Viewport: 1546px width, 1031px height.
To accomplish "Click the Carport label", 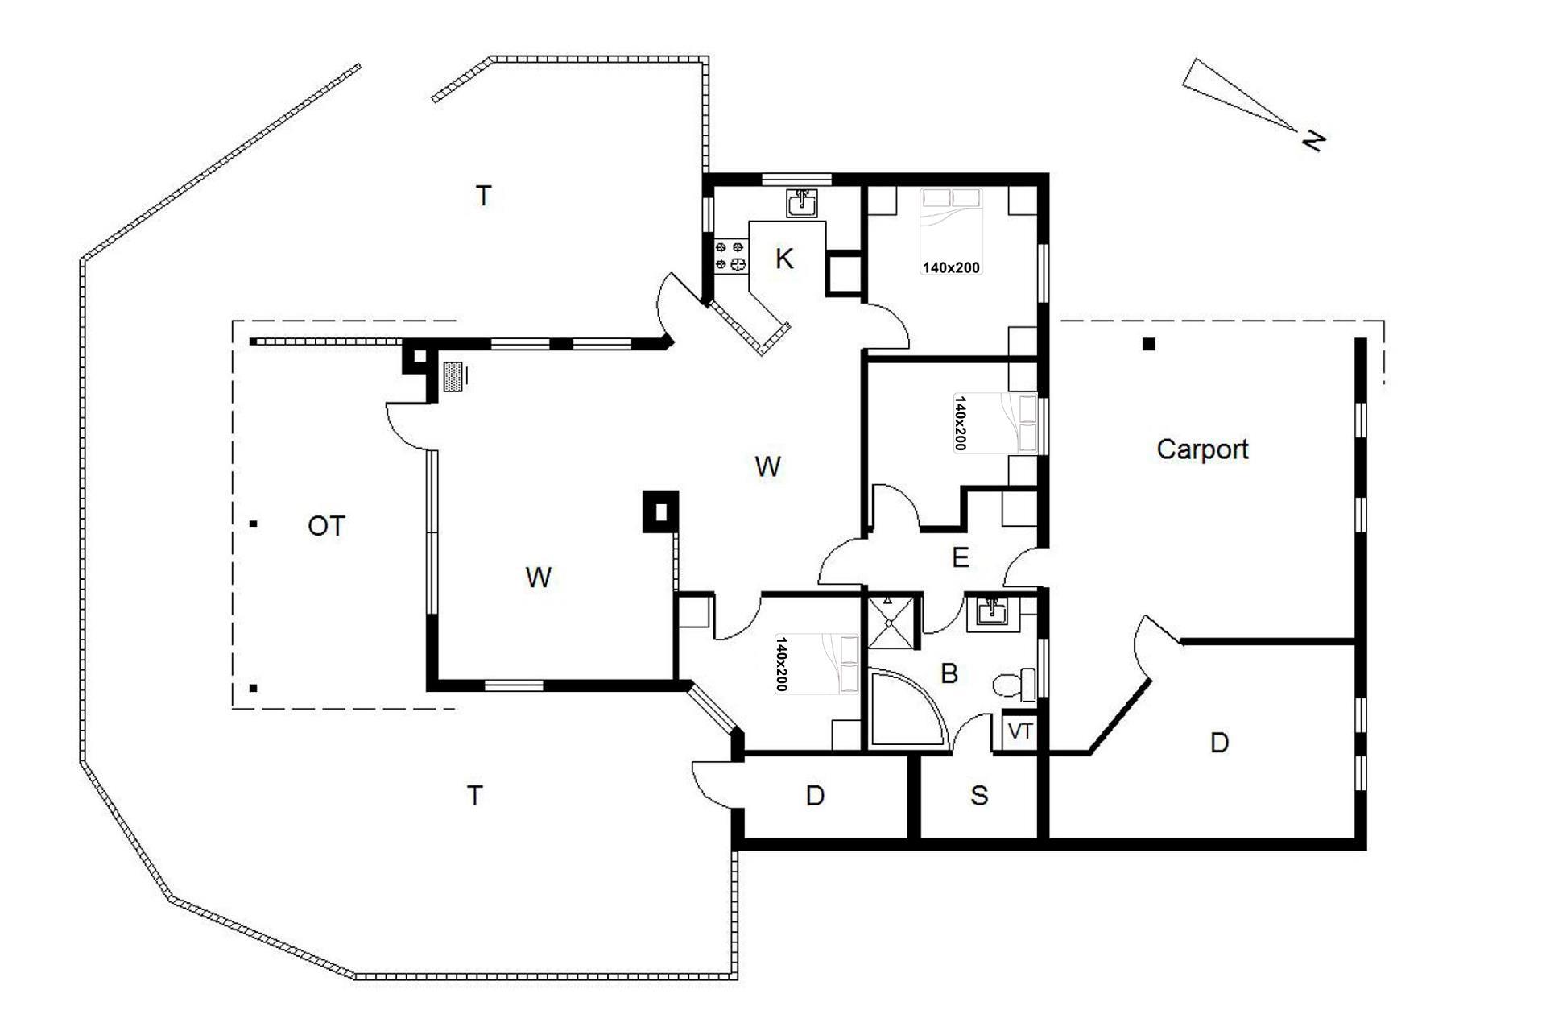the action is point(1202,449).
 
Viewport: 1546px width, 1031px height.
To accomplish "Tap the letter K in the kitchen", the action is point(783,259).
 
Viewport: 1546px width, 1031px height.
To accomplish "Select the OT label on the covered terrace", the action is point(326,526).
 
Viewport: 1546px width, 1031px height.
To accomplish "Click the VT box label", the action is point(1020,732).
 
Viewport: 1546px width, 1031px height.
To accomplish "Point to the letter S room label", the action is point(978,796).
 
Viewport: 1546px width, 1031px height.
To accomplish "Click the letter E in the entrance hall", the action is point(960,557).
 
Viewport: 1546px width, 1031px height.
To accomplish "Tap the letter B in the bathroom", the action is point(949,673).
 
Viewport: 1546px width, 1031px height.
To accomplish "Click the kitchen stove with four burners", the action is point(730,255).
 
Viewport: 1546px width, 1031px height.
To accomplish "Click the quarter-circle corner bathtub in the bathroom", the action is point(908,708).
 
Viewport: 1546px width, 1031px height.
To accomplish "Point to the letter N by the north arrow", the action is point(1313,141).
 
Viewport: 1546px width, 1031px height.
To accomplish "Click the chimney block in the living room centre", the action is point(660,511).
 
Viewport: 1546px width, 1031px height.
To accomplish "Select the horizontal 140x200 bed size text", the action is point(951,267).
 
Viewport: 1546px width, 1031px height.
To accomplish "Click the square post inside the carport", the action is point(1149,344).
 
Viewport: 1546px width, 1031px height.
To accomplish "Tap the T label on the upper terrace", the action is point(483,196).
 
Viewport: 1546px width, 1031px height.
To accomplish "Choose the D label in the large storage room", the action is point(1219,743).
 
